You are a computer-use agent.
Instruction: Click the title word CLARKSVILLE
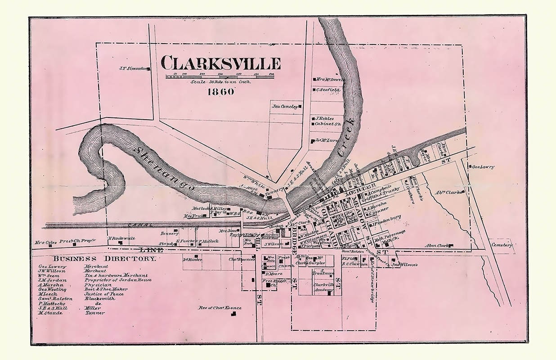pyautogui.click(x=220, y=63)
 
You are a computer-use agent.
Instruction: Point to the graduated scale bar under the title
pyautogui.click(x=220, y=76)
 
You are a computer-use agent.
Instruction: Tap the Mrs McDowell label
pyautogui.click(x=330, y=80)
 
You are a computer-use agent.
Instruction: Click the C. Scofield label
pyautogui.click(x=328, y=90)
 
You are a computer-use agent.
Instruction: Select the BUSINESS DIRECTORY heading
pyautogui.click(x=104, y=259)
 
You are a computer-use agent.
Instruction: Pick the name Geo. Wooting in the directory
pyautogui.click(x=52, y=289)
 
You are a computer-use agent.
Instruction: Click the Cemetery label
pyautogui.click(x=502, y=245)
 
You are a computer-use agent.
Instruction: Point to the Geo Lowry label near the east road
pyautogui.click(x=483, y=167)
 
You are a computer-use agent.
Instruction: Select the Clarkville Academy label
pyautogui.click(x=323, y=287)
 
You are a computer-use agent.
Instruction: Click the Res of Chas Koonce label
pyautogui.click(x=220, y=308)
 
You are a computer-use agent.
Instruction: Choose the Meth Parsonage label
pyautogui.click(x=390, y=232)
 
